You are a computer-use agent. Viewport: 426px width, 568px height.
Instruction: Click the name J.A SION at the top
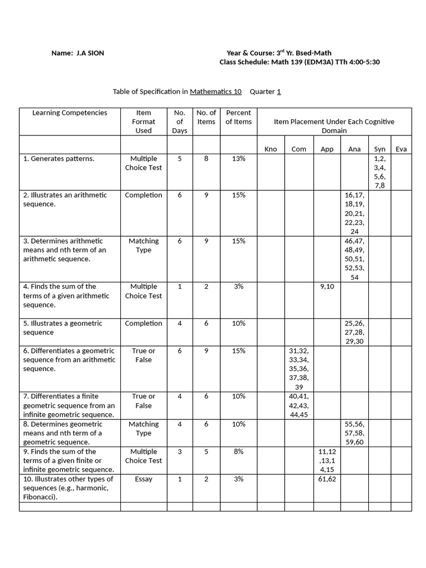pyautogui.click(x=90, y=53)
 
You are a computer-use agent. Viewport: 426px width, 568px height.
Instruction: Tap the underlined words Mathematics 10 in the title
pyautogui.click(x=216, y=92)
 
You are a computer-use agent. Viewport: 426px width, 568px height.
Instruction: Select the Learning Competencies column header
pyautogui.click(x=70, y=113)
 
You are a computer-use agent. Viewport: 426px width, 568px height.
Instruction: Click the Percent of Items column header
pyautogui.click(x=239, y=117)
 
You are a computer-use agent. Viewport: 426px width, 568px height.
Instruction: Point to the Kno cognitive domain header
pyautogui.click(x=271, y=149)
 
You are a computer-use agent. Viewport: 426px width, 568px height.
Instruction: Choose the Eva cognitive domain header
pyautogui.click(x=400, y=149)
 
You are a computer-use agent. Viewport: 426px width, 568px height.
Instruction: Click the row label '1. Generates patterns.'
pyautogui.click(x=59, y=159)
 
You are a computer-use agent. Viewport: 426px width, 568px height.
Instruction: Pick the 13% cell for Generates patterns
pyautogui.click(x=239, y=159)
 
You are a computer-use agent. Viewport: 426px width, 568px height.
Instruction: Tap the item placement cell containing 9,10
pyautogui.click(x=327, y=287)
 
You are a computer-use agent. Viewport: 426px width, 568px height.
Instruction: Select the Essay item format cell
pyautogui.click(x=143, y=479)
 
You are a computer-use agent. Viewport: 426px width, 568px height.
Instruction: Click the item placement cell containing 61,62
pyautogui.click(x=327, y=479)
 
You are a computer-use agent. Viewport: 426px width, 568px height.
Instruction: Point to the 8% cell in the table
pyautogui.click(x=239, y=452)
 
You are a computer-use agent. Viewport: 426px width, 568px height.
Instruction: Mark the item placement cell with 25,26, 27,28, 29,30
pyautogui.click(x=354, y=332)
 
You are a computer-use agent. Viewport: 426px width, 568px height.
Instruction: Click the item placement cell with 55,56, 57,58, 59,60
pyautogui.click(x=354, y=433)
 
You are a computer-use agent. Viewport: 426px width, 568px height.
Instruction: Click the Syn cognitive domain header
pyautogui.click(x=379, y=149)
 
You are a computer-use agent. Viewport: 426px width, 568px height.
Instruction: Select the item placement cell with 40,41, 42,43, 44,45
pyautogui.click(x=299, y=405)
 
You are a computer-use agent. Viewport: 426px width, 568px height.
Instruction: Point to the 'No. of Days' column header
pyautogui.click(x=180, y=121)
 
